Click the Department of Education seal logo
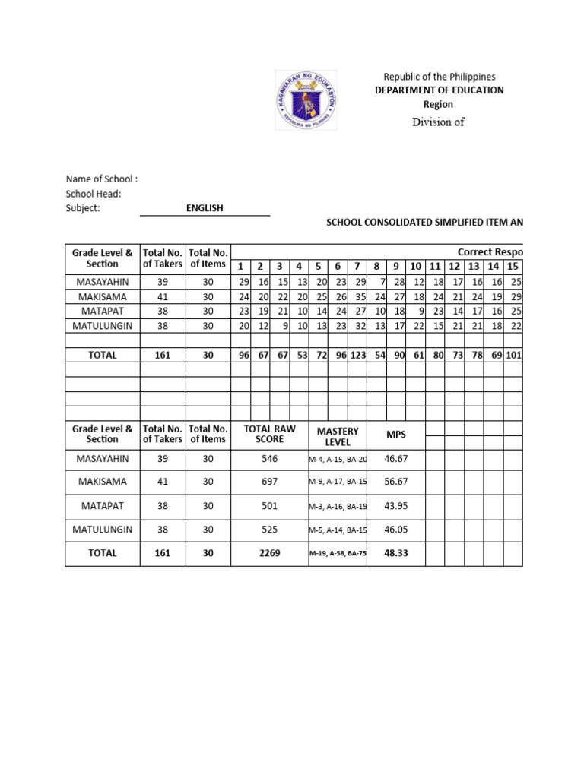click(308, 100)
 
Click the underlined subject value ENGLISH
click(205, 208)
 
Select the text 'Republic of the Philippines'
click(439, 77)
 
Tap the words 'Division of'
click(438, 122)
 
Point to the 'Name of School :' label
click(102, 179)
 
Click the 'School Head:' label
click(94, 194)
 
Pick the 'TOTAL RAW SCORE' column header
click(269, 434)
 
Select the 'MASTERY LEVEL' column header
click(338, 436)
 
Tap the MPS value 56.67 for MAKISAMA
click(396, 482)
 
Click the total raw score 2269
click(269, 553)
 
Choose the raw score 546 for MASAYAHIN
click(269, 459)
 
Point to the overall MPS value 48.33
click(396, 553)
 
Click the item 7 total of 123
click(357, 354)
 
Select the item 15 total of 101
click(513, 354)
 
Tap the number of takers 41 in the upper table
click(163, 296)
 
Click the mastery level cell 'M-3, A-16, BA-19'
click(338, 506)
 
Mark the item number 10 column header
click(416, 266)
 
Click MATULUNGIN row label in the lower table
click(103, 529)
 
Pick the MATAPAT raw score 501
click(269, 505)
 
